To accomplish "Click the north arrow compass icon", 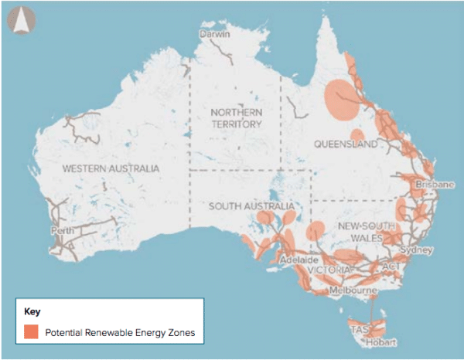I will [x=19, y=22].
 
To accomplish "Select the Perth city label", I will [x=63, y=230].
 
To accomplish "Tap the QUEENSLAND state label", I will [x=346, y=144].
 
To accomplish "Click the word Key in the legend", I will [x=32, y=312].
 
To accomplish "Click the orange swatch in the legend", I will [x=31, y=332].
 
